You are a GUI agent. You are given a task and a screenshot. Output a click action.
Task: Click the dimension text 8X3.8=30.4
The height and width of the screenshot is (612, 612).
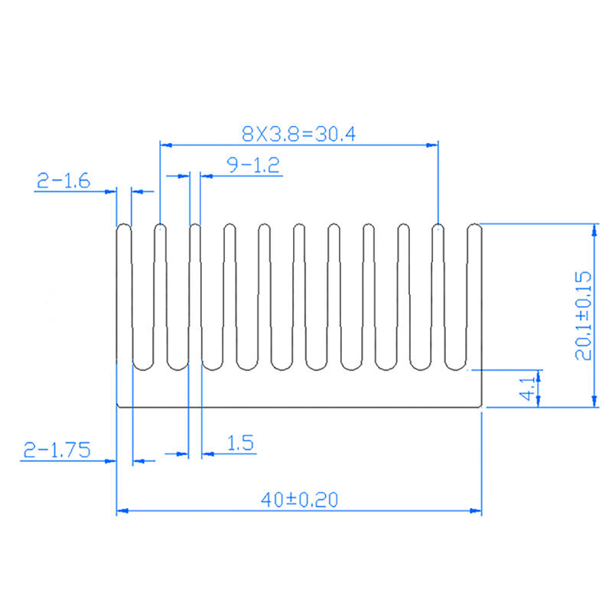pyautogui.click(x=298, y=134)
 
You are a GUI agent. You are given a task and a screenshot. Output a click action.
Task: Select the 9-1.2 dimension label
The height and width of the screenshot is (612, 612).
pyautogui.click(x=253, y=164)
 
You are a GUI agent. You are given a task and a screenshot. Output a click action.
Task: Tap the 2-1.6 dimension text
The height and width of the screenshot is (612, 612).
pyautogui.click(x=63, y=181)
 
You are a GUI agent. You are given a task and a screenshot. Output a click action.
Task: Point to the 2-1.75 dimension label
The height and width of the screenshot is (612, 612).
pyautogui.click(x=57, y=450)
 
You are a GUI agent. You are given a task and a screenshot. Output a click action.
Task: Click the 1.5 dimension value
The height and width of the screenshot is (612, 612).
pyautogui.click(x=240, y=443)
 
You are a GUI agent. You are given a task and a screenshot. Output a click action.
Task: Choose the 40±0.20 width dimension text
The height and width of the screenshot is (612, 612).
pyautogui.click(x=299, y=500)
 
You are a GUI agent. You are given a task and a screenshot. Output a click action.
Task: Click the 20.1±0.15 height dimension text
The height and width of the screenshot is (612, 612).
pyautogui.click(x=583, y=316)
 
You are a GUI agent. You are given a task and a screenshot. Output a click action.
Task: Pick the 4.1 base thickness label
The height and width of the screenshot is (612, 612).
pyautogui.click(x=528, y=389)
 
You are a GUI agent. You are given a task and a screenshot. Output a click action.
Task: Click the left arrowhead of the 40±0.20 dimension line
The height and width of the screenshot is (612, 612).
pyautogui.click(x=122, y=510)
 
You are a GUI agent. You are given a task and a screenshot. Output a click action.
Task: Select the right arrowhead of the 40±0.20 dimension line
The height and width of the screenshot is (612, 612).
pyautogui.click(x=476, y=510)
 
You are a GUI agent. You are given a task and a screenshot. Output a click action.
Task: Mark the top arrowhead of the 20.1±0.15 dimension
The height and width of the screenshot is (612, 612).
pyautogui.click(x=594, y=230)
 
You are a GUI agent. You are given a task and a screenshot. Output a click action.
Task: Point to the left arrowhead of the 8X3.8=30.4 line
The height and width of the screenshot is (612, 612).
pyautogui.click(x=166, y=145)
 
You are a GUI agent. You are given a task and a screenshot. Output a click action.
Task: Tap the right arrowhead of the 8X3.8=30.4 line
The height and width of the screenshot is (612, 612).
pyautogui.click(x=432, y=145)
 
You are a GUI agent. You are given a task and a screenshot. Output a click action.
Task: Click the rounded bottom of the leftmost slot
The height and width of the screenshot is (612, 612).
pyautogui.click(x=143, y=369)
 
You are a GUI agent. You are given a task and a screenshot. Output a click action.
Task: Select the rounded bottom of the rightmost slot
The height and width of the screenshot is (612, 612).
pyautogui.click(x=455, y=369)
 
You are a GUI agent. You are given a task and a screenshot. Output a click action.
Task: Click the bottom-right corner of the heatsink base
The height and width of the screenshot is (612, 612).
pyautogui.click(x=481, y=407)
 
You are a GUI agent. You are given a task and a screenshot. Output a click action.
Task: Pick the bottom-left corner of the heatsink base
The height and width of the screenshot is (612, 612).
pyautogui.click(x=117, y=407)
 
